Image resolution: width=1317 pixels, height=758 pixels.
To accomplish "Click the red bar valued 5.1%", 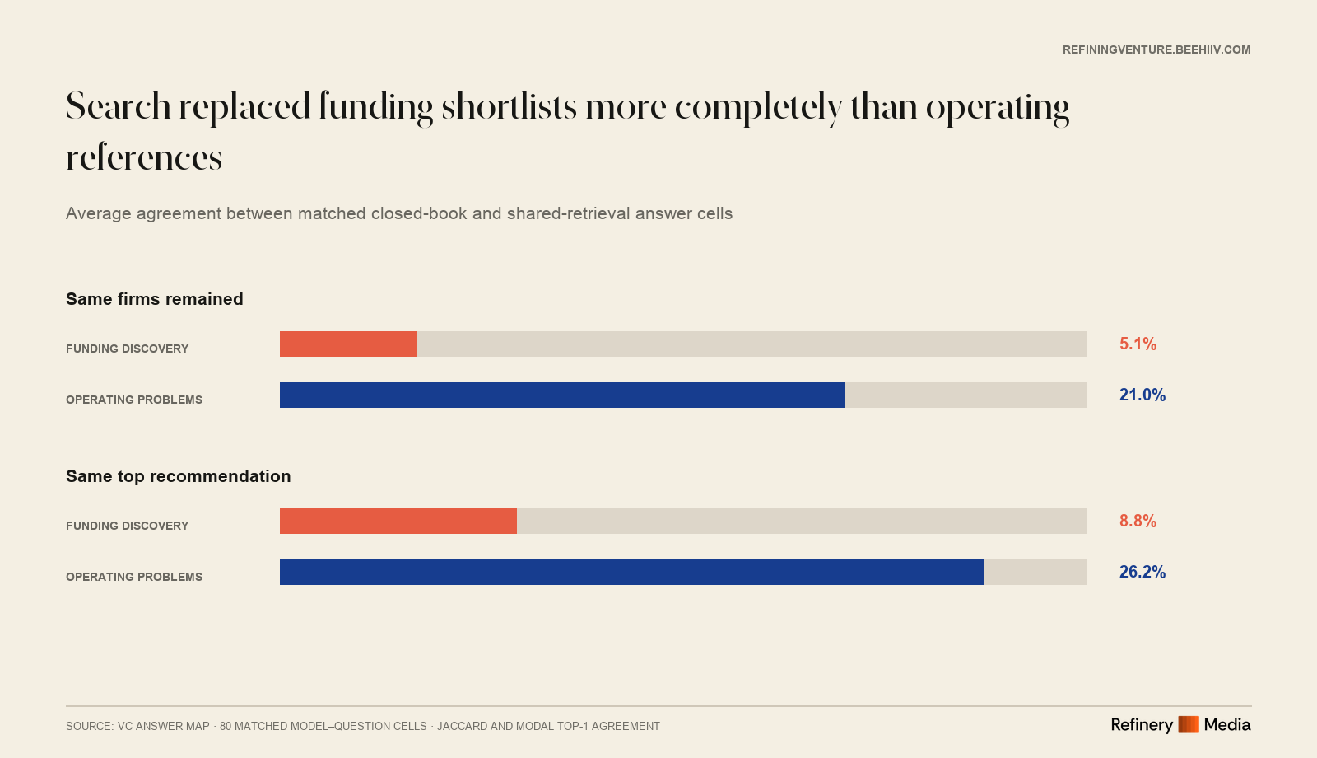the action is point(348,344).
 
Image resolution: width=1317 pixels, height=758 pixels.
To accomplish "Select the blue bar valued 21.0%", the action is point(562,395).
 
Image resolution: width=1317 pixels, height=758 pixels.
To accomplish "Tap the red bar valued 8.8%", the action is point(398,521).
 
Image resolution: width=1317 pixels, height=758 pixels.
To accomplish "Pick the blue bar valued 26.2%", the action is point(632,572).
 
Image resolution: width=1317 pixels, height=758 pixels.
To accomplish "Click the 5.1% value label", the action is point(1138,344).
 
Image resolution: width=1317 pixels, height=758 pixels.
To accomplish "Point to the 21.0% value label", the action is point(1142,395).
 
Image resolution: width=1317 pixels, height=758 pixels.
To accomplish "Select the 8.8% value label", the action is point(1138,521).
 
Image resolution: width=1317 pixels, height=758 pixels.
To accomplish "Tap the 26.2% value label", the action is point(1142,572).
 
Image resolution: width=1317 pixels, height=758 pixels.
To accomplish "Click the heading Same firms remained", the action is point(155,299).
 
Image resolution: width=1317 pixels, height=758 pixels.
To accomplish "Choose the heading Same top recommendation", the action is point(178,476).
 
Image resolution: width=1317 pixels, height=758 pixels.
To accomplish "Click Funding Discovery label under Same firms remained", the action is point(127,349).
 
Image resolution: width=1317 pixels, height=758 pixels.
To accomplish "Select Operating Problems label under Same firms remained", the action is point(134,400).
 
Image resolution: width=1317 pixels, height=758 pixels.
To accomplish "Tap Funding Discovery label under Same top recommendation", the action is point(127,526).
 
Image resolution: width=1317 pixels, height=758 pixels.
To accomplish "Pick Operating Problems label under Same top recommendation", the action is point(134,577).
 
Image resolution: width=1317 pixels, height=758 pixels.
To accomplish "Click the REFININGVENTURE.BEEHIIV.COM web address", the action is point(1156,50).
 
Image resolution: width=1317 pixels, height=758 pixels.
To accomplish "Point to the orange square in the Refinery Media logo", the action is point(1189,724).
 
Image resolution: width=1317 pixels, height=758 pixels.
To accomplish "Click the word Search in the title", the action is point(119,106).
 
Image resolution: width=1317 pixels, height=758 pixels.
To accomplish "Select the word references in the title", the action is point(144,158).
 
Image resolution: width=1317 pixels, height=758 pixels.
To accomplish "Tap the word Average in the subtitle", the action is point(99,213).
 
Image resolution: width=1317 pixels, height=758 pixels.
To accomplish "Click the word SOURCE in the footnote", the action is point(89,726).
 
